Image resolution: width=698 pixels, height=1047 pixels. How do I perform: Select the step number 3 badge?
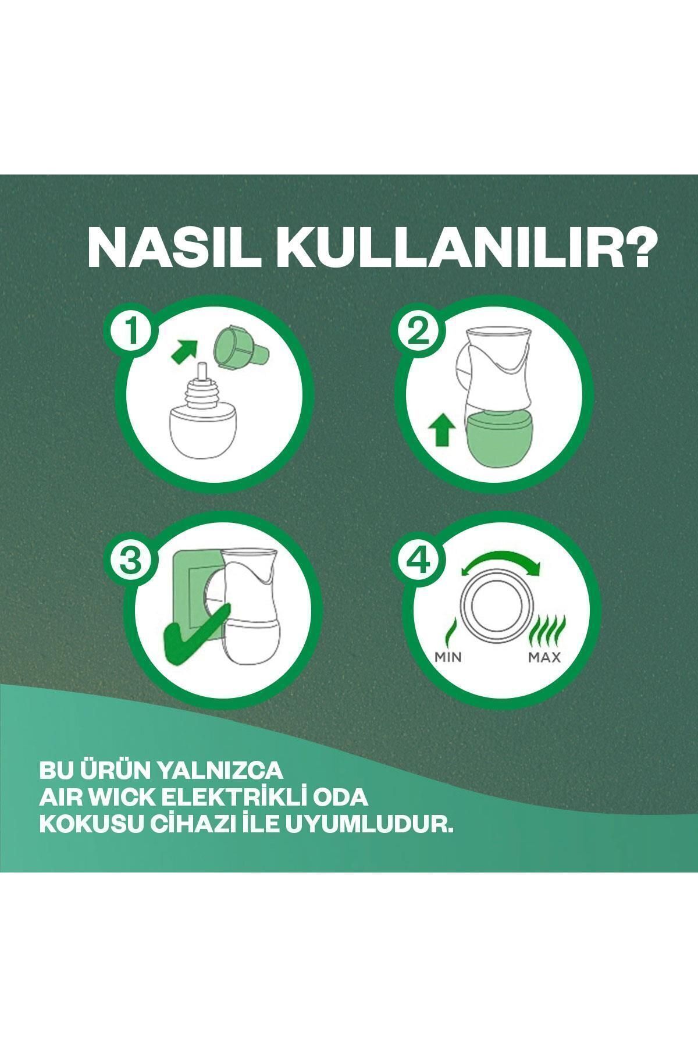coord(132,560)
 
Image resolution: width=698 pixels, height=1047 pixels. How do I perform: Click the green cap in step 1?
coord(239,349)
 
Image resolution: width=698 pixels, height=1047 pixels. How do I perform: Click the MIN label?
coord(447,658)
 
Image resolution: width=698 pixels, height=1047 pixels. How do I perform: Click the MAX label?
coord(544,658)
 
